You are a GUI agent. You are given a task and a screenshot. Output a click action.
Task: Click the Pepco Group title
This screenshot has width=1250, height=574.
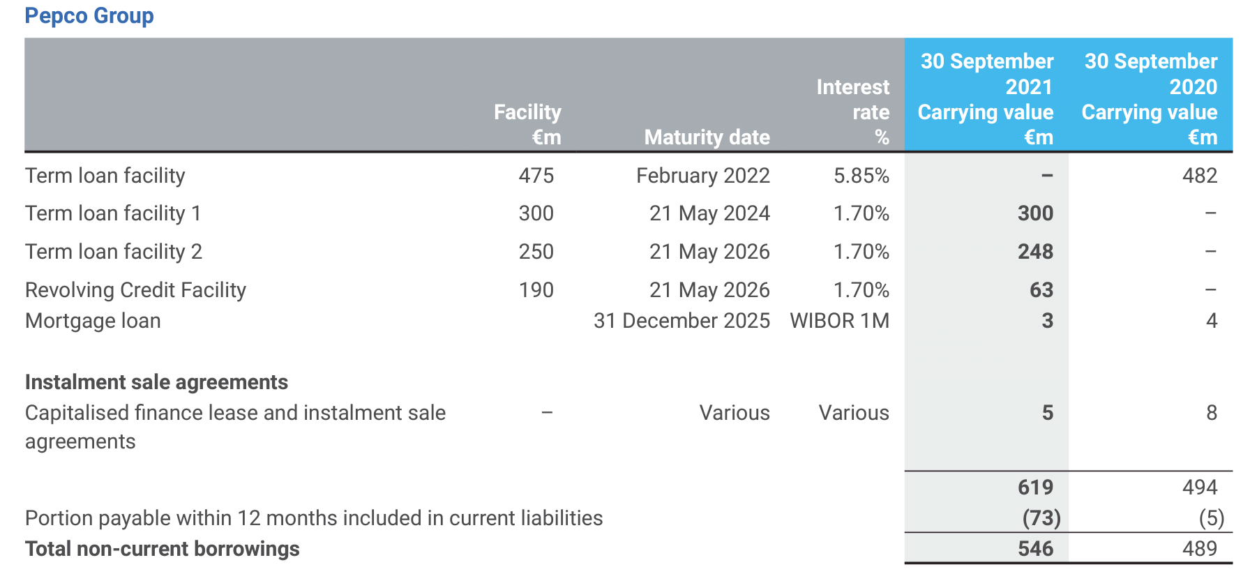pos(89,15)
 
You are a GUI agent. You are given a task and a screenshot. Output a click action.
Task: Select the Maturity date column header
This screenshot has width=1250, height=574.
pos(707,137)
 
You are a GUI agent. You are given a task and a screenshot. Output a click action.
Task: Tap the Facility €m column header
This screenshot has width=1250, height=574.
pos(527,124)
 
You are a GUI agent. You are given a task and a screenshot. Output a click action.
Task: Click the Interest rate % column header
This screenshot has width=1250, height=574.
pos(852,112)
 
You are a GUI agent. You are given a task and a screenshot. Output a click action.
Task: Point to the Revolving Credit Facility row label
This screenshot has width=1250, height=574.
pos(135,290)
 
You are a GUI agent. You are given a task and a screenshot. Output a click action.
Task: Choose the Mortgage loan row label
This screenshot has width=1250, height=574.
pos(93,321)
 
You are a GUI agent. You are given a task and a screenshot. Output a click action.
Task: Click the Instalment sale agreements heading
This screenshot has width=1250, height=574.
pos(156,382)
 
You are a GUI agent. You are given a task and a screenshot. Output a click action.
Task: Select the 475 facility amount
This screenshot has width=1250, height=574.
pos(536,176)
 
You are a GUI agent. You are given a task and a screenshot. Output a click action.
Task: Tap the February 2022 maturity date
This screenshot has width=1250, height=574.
pos(702,176)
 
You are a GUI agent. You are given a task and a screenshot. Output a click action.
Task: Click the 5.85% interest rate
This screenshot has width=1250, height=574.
pos(861,176)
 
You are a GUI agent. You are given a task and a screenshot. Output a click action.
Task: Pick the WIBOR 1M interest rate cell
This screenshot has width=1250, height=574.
pos(839,321)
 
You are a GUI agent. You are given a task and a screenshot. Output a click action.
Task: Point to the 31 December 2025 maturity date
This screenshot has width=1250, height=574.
pos(682,321)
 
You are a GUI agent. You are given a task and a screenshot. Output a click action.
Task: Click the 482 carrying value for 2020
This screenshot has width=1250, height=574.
pos(1199,176)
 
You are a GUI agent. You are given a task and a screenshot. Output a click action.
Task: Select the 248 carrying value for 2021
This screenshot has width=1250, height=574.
pos(1035,252)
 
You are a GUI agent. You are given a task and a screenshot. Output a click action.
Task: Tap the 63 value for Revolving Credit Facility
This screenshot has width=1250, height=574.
pos(1041,290)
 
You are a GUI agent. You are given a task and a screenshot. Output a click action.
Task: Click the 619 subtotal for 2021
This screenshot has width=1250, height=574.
pos(1035,488)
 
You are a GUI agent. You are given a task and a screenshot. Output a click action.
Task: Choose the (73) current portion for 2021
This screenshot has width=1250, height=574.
pos(1041,518)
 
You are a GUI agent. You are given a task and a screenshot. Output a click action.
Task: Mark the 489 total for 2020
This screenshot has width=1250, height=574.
pos(1199,549)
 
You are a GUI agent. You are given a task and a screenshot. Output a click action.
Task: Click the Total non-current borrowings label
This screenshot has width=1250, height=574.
pos(162,549)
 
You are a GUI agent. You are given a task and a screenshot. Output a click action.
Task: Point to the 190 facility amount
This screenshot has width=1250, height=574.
pos(536,290)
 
